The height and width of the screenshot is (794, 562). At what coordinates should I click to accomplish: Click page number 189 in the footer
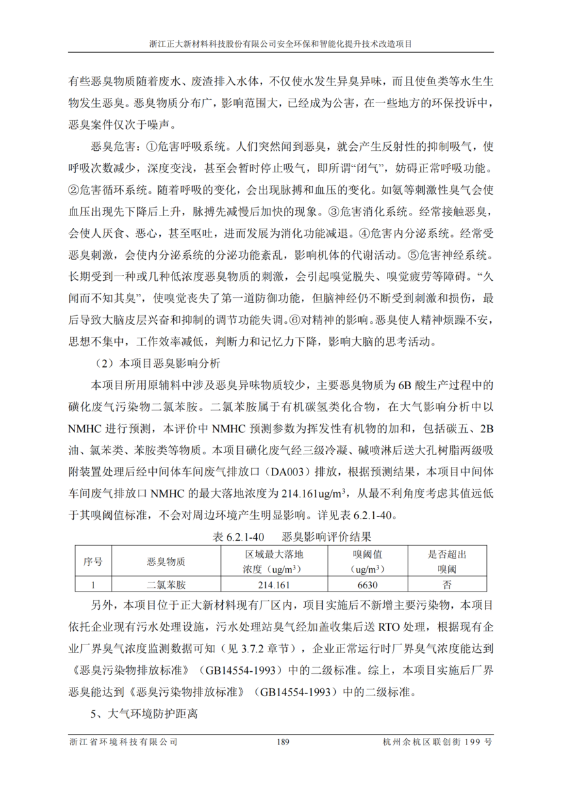point(282,742)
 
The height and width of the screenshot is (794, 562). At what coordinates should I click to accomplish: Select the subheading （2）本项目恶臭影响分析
point(158,361)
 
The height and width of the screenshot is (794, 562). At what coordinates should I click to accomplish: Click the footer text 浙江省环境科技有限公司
point(123,742)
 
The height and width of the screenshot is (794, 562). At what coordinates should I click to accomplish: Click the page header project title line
point(281,45)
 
